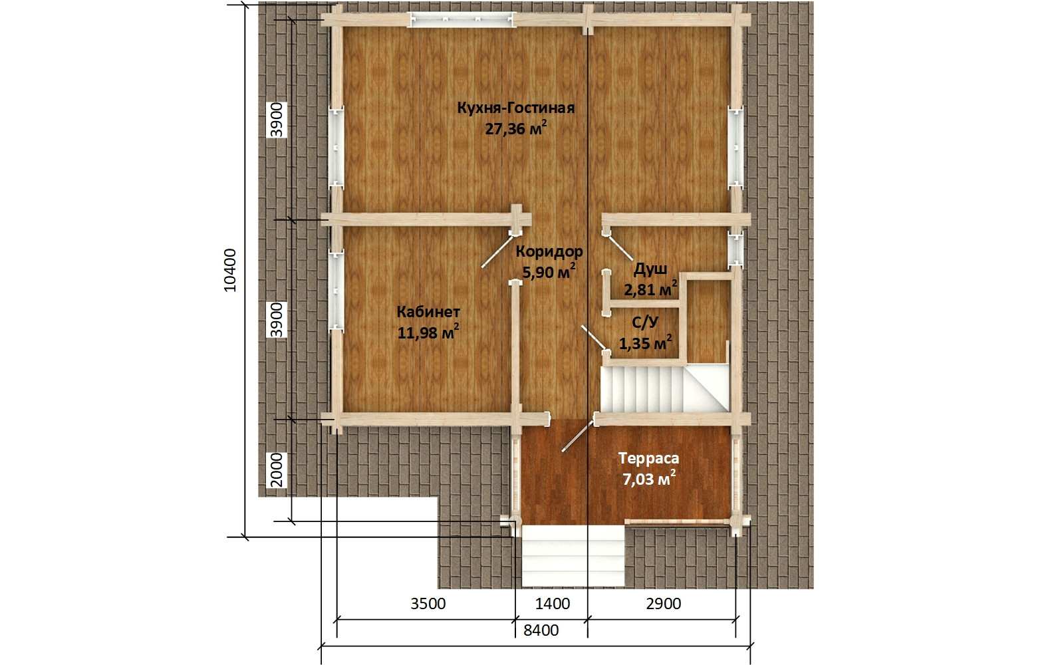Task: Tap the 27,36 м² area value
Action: click(x=516, y=128)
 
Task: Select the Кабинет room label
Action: click(x=428, y=312)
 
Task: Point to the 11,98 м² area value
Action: click(x=428, y=332)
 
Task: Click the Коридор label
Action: click(x=549, y=252)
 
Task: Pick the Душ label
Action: click(x=650, y=270)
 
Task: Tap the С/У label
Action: click(x=645, y=323)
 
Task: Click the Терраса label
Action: click(x=648, y=458)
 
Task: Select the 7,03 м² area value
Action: click(x=649, y=479)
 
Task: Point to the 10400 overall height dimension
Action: click(x=230, y=270)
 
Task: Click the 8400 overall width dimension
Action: click(x=541, y=630)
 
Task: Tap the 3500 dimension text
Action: click(x=428, y=604)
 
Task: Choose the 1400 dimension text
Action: click(x=553, y=604)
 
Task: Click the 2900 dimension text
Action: click(x=664, y=604)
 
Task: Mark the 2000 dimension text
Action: click(x=277, y=470)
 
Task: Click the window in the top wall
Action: click(x=462, y=19)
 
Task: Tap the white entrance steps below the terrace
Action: click(x=573, y=556)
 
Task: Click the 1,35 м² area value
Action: click(x=645, y=342)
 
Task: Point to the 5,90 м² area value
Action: click(x=549, y=272)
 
